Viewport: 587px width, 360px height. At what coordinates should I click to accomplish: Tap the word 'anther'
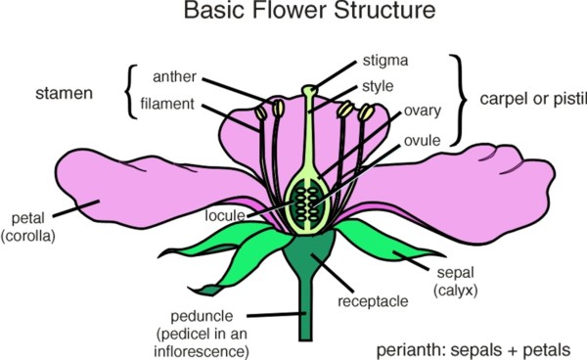click(176, 76)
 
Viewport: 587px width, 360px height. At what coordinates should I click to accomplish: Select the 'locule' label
click(224, 214)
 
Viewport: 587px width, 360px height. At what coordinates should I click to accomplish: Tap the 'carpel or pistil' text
click(532, 99)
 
